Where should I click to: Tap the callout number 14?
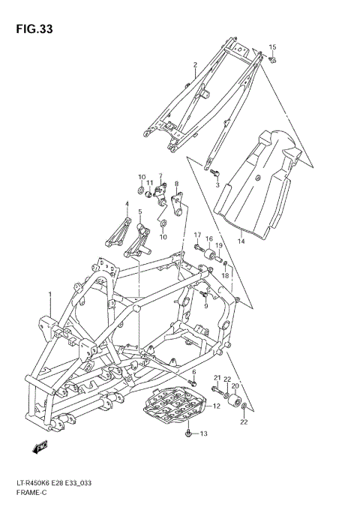(241, 241)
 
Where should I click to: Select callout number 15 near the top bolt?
(273, 46)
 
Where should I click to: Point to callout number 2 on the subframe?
(195, 65)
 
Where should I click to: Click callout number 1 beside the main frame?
(50, 294)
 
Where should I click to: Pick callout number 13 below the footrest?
(202, 433)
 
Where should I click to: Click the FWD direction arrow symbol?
(40, 448)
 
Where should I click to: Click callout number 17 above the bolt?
(198, 235)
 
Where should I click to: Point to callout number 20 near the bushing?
(235, 385)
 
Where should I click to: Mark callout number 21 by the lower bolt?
(216, 377)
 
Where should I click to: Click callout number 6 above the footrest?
(193, 372)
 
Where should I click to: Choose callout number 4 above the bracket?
(127, 204)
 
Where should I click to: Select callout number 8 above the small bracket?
(176, 184)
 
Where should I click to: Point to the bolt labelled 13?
(188, 433)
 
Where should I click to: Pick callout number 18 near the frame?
(224, 276)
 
